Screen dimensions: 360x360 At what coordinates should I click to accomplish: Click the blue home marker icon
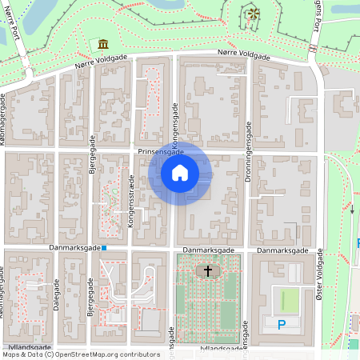point(180,173)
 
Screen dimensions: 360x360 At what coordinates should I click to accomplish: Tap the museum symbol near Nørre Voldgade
point(103,44)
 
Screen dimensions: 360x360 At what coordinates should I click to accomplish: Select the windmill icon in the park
point(253,14)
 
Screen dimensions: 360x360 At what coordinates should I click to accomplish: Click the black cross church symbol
point(209,271)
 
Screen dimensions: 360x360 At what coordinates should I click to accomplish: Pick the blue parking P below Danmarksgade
point(281,324)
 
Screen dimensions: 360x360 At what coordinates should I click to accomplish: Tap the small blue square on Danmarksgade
point(104,248)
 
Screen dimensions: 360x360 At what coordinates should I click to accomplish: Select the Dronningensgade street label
point(248,195)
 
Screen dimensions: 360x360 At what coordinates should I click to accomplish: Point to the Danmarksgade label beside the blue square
point(74,249)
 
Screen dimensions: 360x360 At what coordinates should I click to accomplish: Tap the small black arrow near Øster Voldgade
point(351,210)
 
